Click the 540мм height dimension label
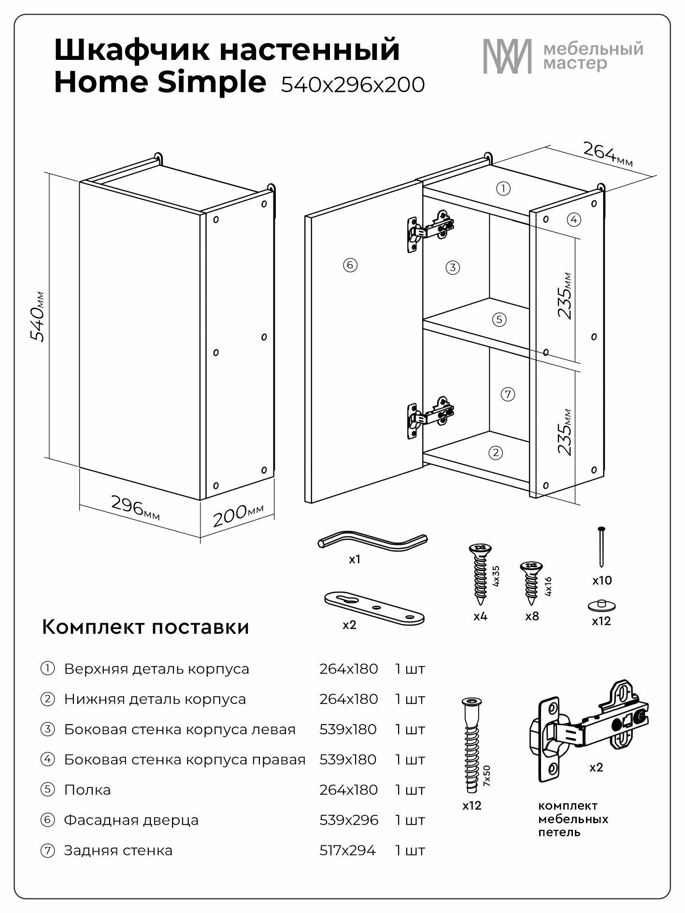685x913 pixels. coord(37,317)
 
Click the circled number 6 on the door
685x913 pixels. coord(350,265)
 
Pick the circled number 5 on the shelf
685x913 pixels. coord(499,319)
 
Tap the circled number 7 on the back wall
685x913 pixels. coord(507,394)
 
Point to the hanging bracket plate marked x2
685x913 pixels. coord(374,606)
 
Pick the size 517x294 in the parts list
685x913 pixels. coord(347,850)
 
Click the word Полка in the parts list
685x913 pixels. coord(87,790)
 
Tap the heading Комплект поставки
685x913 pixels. coord(145,627)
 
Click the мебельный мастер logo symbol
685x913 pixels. coord(507,56)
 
